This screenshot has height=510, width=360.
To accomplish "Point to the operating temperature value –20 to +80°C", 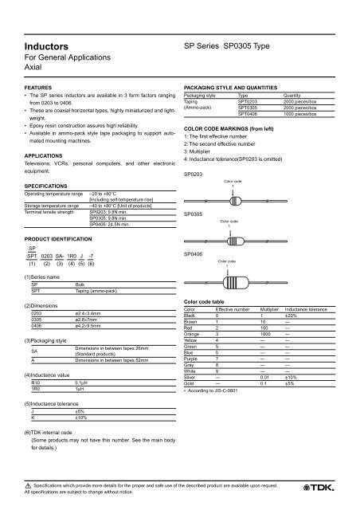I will [x=110, y=194].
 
